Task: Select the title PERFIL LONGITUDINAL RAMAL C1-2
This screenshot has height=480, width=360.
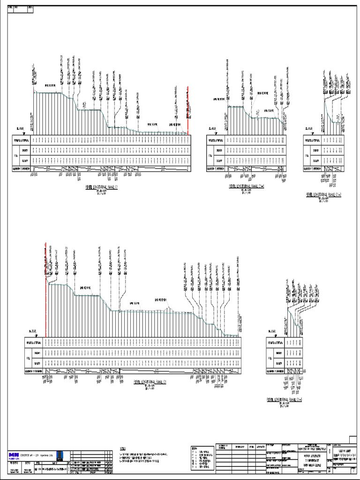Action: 323,193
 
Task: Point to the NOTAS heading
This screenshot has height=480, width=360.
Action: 123,449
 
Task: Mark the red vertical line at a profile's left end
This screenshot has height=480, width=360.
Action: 46,262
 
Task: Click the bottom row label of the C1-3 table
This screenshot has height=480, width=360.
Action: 274,371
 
